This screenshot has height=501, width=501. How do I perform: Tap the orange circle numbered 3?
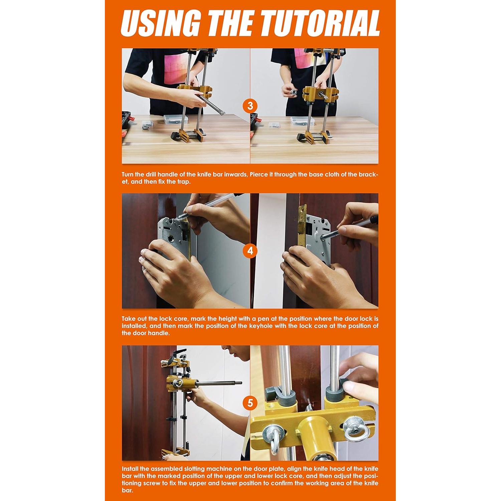pos(250,106)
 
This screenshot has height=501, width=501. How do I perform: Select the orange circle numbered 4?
pos(250,251)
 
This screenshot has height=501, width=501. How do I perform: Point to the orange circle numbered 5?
pos(250,403)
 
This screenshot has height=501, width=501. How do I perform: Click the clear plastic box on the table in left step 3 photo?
pos(177,120)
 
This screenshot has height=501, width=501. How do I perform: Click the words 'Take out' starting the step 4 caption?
pos(136,319)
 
